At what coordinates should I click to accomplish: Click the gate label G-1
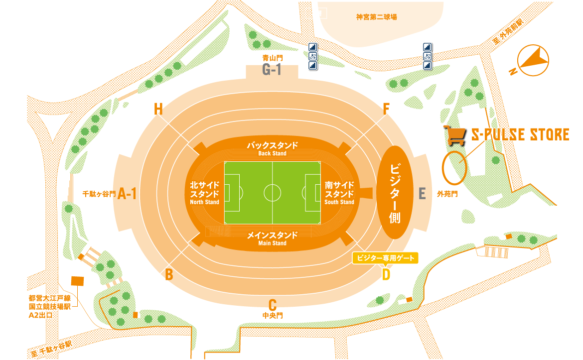point(272,70)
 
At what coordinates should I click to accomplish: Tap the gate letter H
point(158,109)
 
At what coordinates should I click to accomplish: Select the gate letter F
point(386,109)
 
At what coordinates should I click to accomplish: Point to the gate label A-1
point(128,194)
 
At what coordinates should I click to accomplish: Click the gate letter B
point(169,274)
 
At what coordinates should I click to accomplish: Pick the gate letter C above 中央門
point(272,304)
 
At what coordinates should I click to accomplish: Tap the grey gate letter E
point(422,194)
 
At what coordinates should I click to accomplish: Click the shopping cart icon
point(455,135)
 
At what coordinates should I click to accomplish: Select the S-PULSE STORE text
point(520,134)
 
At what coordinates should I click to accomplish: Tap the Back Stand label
point(272,148)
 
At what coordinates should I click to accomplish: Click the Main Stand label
point(272,239)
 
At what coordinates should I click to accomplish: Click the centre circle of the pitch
point(273,193)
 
